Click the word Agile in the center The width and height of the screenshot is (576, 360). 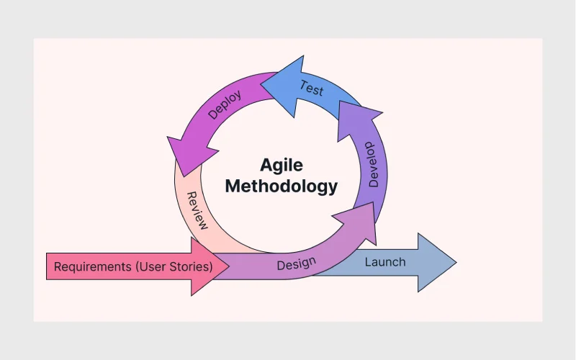pyautogui.click(x=282, y=166)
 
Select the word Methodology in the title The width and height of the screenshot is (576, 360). pyautogui.click(x=282, y=186)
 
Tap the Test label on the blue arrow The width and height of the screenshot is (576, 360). pyautogui.click(x=312, y=88)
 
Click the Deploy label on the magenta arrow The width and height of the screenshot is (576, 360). pyautogui.click(x=225, y=104)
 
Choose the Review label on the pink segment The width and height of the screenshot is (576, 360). pyautogui.click(x=197, y=210)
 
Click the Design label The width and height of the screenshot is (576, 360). pyautogui.click(x=296, y=264)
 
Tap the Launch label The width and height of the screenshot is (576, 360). pyautogui.click(x=385, y=262)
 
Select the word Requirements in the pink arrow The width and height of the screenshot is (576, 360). pyautogui.click(x=93, y=266)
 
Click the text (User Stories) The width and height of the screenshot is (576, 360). pyautogui.click(x=174, y=266)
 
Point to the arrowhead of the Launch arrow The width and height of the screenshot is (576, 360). pyautogui.click(x=437, y=262)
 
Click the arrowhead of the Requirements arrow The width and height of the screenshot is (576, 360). pyautogui.click(x=210, y=266)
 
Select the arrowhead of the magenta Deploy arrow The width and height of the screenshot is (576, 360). pyautogui.click(x=191, y=154)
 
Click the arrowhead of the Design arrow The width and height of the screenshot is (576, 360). pyautogui.click(x=358, y=222)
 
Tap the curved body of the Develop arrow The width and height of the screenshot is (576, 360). pyautogui.click(x=374, y=173)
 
